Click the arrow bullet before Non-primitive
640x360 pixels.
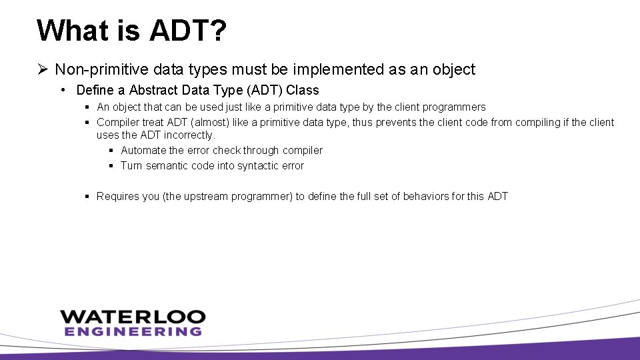point(43,69)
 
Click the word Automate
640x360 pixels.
point(143,151)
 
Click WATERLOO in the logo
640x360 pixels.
point(133,317)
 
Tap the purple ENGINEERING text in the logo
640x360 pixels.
point(133,331)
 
